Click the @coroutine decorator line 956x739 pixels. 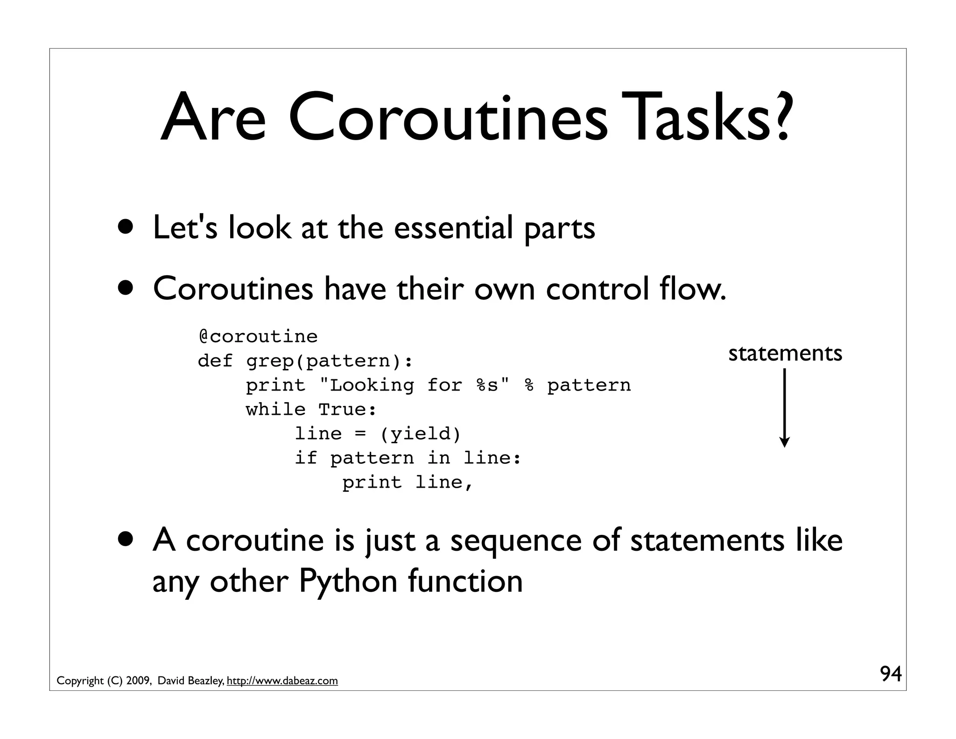click(258, 336)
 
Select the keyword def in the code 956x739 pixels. click(215, 361)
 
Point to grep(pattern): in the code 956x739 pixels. click(330, 361)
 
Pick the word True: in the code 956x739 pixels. click(347, 410)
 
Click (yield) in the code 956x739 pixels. click(421, 434)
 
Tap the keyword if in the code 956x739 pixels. click(306, 458)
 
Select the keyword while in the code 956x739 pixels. click(275, 410)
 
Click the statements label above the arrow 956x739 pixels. click(785, 354)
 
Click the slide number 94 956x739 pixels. click(891, 674)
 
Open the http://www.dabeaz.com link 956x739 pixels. click(282, 681)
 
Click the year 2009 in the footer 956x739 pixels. click(138, 681)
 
